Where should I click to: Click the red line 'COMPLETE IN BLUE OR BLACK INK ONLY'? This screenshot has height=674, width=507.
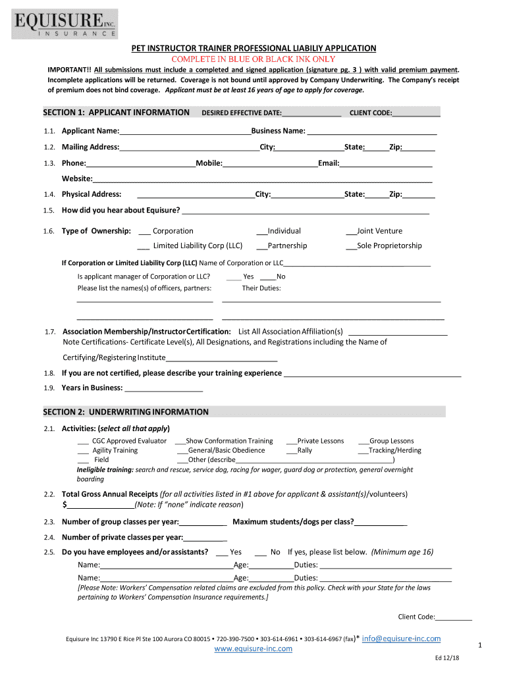(x=254, y=59)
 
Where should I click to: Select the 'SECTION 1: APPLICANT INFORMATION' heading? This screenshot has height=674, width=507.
(x=116, y=113)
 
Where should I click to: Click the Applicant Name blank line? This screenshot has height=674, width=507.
(x=185, y=131)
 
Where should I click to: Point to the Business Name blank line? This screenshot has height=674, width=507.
(x=372, y=131)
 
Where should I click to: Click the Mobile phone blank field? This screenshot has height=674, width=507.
(x=270, y=163)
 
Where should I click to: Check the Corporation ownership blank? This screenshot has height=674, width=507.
(x=144, y=231)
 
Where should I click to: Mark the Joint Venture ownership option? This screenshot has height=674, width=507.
(x=351, y=231)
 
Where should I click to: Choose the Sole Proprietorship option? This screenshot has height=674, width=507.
(x=351, y=246)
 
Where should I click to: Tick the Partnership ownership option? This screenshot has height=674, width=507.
(x=261, y=246)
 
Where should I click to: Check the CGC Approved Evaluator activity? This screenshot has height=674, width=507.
(x=83, y=441)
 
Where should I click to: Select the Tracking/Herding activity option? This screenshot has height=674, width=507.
(x=363, y=451)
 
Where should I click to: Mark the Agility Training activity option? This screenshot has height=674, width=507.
(x=83, y=451)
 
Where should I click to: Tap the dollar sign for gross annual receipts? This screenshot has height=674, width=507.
(x=65, y=505)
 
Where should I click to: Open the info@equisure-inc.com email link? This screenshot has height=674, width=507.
(x=401, y=638)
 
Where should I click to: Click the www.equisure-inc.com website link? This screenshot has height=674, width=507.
(x=254, y=649)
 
